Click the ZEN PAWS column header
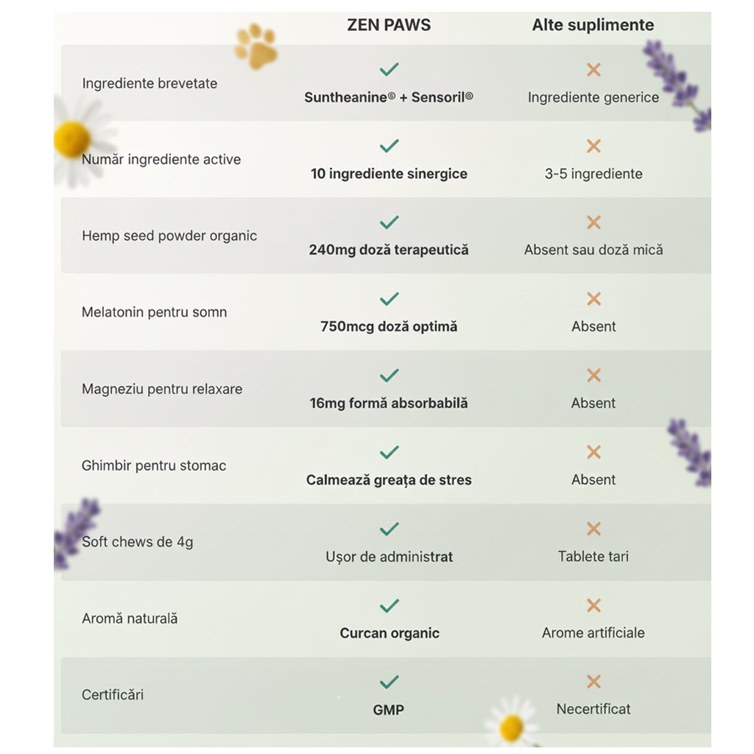389,25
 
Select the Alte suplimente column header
593,25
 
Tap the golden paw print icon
256,48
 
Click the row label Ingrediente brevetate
149,83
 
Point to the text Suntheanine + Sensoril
389,97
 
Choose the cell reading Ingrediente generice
593,97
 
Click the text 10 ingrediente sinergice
389,174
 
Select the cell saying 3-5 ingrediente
593,174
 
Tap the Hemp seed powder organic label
169,236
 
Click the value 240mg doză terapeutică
389,250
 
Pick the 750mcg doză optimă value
389,326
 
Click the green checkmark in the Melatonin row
389,298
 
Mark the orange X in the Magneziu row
593,376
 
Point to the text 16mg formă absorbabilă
389,403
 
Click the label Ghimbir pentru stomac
154,465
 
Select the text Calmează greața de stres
389,480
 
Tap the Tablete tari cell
593,556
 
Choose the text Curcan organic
390,633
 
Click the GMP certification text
389,710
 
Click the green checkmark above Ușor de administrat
389,529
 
